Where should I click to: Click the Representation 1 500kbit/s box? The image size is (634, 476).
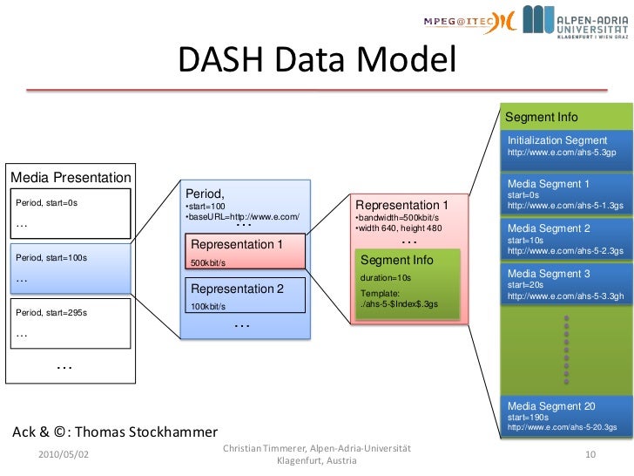pos(245,251)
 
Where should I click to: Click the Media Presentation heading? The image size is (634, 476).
pos(70,178)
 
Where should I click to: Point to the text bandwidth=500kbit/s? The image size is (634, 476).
pos(397,218)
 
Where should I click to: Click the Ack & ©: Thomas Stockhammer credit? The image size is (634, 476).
pos(114,432)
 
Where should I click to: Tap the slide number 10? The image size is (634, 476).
pos(590,455)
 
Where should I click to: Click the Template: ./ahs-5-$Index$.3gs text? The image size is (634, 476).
pos(399,299)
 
